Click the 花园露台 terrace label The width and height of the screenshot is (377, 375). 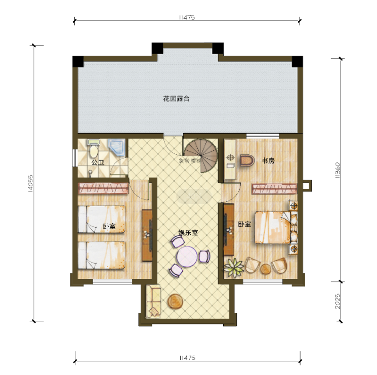(x=176, y=99)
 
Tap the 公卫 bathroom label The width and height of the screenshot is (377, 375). (x=97, y=162)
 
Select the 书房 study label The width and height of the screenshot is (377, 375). (x=268, y=161)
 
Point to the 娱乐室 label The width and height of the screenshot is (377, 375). (x=187, y=233)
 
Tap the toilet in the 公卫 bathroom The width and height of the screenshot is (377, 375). (x=93, y=150)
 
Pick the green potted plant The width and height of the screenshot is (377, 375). (x=234, y=266)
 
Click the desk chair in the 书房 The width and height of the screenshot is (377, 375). (x=246, y=161)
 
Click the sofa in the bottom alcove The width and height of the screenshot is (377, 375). (x=153, y=302)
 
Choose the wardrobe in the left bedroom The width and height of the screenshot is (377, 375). (x=103, y=189)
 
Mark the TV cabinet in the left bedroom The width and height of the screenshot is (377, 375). (x=147, y=234)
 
